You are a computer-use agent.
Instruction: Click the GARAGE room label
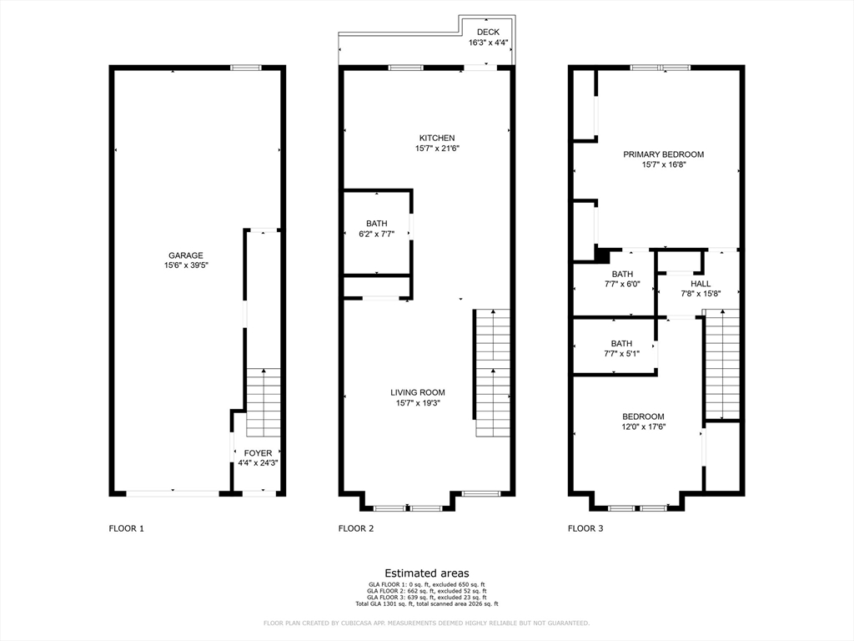coord(186,255)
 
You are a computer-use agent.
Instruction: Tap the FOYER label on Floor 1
coord(258,453)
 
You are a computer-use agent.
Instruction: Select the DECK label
coord(488,33)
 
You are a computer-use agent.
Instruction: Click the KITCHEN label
coord(437,138)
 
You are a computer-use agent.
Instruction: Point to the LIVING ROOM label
coord(418,392)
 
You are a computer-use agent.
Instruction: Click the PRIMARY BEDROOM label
coord(663,154)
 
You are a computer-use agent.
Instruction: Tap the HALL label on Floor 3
coord(701,284)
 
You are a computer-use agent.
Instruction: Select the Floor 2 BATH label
coord(377,224)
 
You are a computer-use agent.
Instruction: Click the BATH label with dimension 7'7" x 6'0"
coord(622,274)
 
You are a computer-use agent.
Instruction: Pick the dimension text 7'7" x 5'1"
coord(621,354)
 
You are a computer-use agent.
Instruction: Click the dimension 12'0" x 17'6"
coord(644,426)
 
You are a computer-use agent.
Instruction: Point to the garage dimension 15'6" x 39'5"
coord(186,265)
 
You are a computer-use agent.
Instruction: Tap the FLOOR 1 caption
coord(127,528)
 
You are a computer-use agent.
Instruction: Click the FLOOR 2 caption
coord(356,528)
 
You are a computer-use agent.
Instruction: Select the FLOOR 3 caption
coord(585,528)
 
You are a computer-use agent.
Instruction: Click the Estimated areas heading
coord(427,573)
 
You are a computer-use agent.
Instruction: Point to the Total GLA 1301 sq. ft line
coord(427,604)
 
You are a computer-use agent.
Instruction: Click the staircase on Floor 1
coord(264,402)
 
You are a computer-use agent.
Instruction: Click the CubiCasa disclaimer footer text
coord(426,623)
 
